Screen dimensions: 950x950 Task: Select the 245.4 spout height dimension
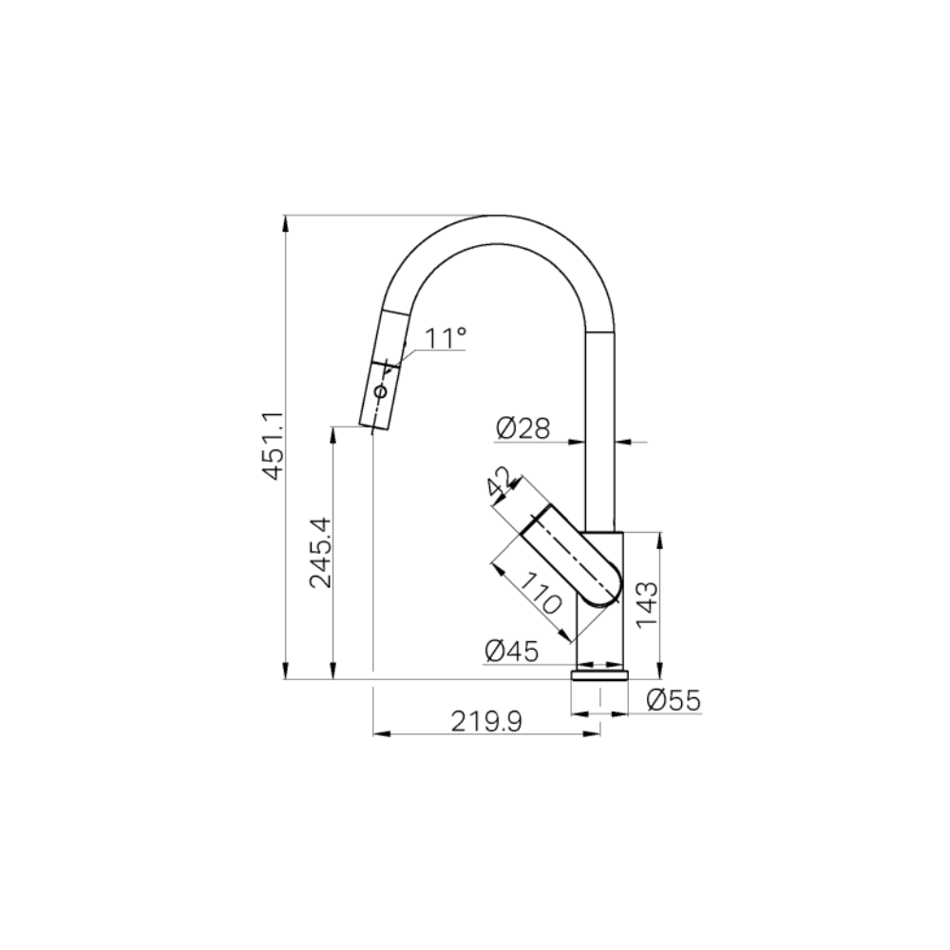tap(320, 552)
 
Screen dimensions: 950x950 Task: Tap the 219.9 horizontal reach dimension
tap(486, 723)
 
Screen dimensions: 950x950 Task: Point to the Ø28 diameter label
tap(522, 428)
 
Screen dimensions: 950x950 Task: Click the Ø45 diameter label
tap(511, 651)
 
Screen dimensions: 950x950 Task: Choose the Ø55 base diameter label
tap(673, 700)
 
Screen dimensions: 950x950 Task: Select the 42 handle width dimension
tap(499, 482)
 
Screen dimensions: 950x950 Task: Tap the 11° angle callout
tap(445, 337)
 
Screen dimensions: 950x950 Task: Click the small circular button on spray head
tap(380, 391)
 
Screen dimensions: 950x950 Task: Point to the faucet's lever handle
tap(570, 556)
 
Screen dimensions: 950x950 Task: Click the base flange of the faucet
tap(599, 675)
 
